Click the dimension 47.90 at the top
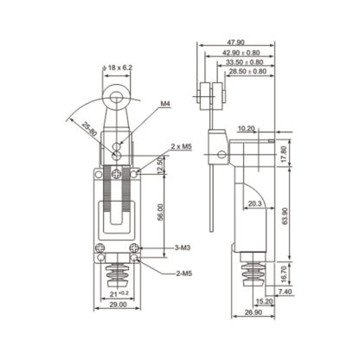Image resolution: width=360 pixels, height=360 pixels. (236, 42)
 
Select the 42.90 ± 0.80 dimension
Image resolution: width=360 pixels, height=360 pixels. (240, 52)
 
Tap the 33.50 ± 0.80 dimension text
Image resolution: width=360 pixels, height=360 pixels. (245, 62)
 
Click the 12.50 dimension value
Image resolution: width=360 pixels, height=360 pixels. (158, 164)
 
